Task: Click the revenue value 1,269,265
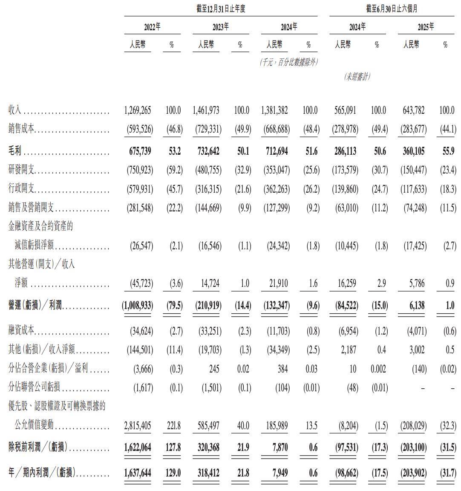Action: click(x=138, y=110)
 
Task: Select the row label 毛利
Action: click(x=15, y=151)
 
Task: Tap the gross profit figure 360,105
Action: click(x=412, y=151)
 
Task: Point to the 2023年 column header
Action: click(x=221, y=27)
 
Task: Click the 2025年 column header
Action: click(x=426, y=27)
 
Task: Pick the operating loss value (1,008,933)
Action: click(x=138, y=306)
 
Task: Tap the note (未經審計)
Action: click(x=357, y=77)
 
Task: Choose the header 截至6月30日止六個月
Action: click(x=391, y=9)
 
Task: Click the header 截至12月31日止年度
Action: click(x=221, y=9)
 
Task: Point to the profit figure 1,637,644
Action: click(x=138, y=473)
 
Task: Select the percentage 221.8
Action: click(x=173, y=426)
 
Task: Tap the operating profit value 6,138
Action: click(x=418, y=306)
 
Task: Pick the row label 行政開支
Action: click(x=21, y=189)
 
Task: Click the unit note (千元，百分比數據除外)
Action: click(x=289, y=62)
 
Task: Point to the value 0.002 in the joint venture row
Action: click(x=377, y=369)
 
